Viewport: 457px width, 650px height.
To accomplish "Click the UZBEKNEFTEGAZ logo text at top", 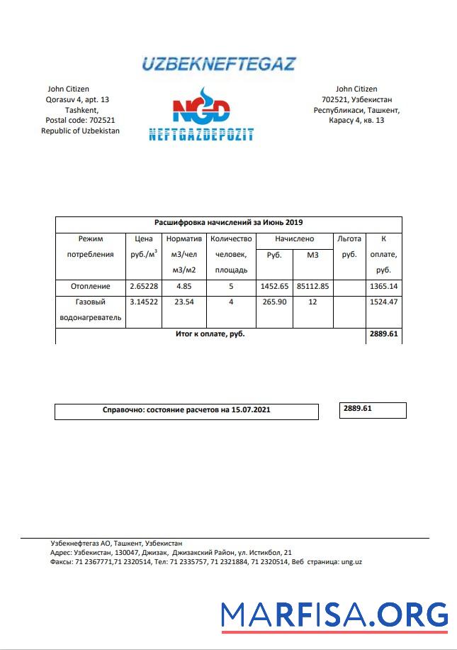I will pyautogui.click(x=218, y=64).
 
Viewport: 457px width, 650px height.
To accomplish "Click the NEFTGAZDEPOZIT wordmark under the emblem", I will pyautogui.click(x=201, y=134).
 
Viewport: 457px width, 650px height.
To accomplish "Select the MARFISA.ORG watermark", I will pyautogui.click(x=334, y=615).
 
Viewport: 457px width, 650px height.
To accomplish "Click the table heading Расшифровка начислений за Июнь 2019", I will pyautogui.click(x=228, y=222).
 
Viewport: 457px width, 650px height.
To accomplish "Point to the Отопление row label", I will pyautogui.click(x=90, y=286).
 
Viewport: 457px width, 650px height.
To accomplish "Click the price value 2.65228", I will pyautogui.click(x=144, y=286).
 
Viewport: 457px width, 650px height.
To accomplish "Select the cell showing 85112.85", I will pyautogui.click(x=312, y=286).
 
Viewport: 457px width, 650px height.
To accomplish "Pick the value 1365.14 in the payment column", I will pyautogui.click(x=383, y=286).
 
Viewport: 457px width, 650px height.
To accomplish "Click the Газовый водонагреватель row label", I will pyautogui.click(x=90, y=310).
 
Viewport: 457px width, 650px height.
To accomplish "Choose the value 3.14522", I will pyautogui.click(x=144, y=302).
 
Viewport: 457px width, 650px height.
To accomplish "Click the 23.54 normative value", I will pyautogui.click(x=184, y=302).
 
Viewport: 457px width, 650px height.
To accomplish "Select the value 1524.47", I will pyautogui.click(x=383, y=302).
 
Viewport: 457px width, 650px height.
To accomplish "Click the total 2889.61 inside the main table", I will pyautogui.click(x=383, y=333).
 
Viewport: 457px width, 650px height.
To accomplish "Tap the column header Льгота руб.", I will pyautogui.click(x=349, y=247).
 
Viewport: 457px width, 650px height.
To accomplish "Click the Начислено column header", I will pyautogui.click(x=294, y=239).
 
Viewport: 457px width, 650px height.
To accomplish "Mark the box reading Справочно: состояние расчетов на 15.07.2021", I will pyautogui.click(x=186, y=410).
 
